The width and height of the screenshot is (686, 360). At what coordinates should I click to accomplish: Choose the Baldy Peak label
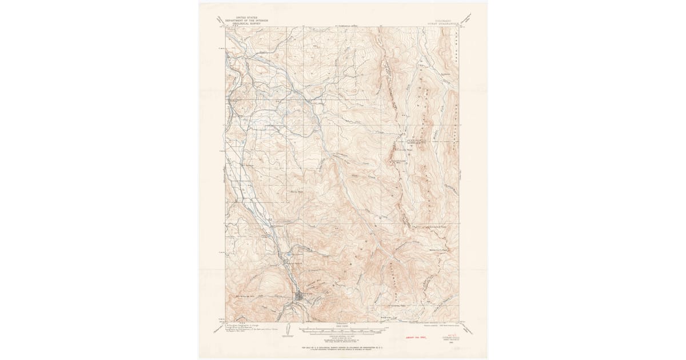296,192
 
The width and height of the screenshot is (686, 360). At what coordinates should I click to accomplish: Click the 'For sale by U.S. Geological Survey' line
343,347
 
